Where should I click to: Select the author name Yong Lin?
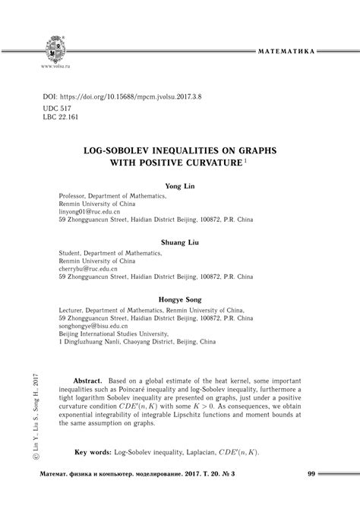click(179, 185)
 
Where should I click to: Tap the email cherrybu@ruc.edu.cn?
click(90, 269)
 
